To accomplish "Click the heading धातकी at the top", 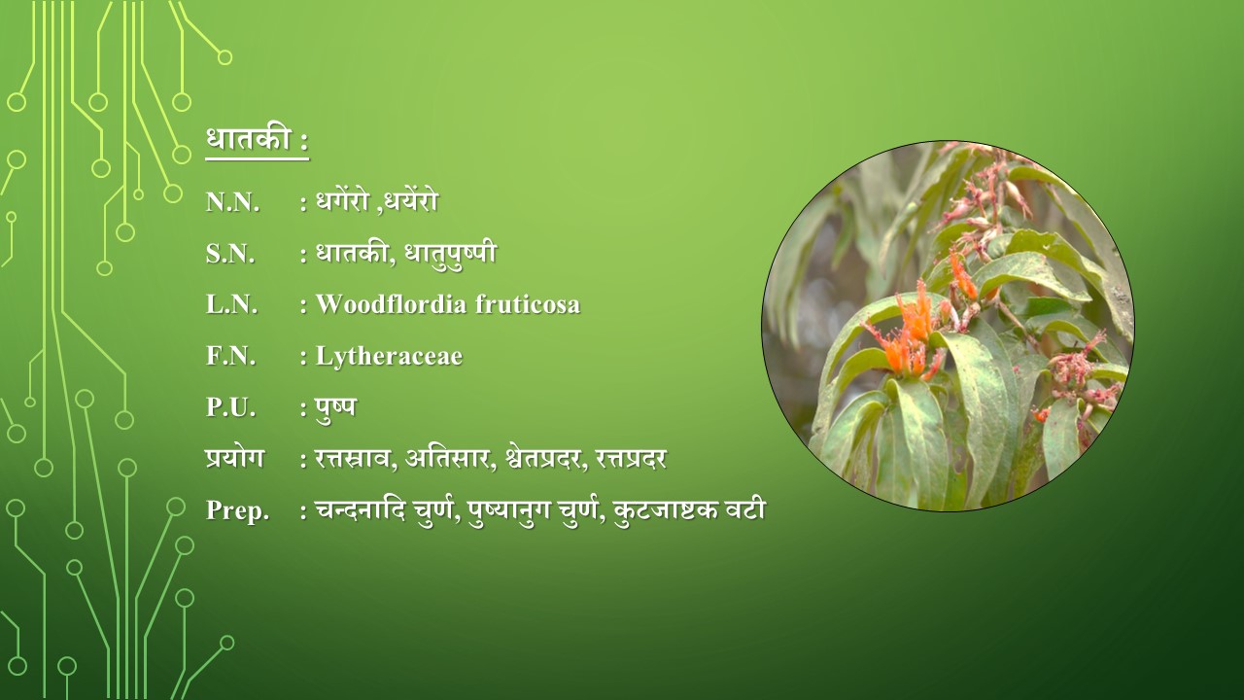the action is click(x=249, y=139).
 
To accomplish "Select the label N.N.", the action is click(x=232, y=202).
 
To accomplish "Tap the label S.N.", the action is click(x=230, y=254).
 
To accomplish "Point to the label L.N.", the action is click(x=232, y=305).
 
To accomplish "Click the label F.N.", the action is click(x=231, y=356).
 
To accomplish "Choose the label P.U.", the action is click(x=231, y=407).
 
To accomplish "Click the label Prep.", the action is click(x=237, y=511).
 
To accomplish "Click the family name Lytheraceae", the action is click(x=389, y=357).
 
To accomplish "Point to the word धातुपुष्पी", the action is click(x=450, y=253).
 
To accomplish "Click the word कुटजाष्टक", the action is click(x=667, y=510).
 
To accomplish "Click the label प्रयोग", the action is click(x=234, y=459).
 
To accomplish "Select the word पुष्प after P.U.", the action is click(x=335, y=408).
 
